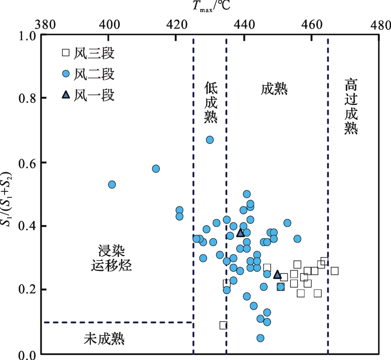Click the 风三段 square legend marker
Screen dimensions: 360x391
point(65,53)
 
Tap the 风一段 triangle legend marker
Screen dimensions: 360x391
point(65,95)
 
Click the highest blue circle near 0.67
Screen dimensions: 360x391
point(210,140)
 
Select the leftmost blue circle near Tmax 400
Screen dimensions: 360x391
point(112,184)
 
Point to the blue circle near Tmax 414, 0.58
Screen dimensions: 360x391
point(156,169)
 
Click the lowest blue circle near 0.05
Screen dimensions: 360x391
point(260,338)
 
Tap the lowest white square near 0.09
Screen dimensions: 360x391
point(223,325)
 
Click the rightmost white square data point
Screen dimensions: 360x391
point(334,271)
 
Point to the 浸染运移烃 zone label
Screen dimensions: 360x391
point(111,258)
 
